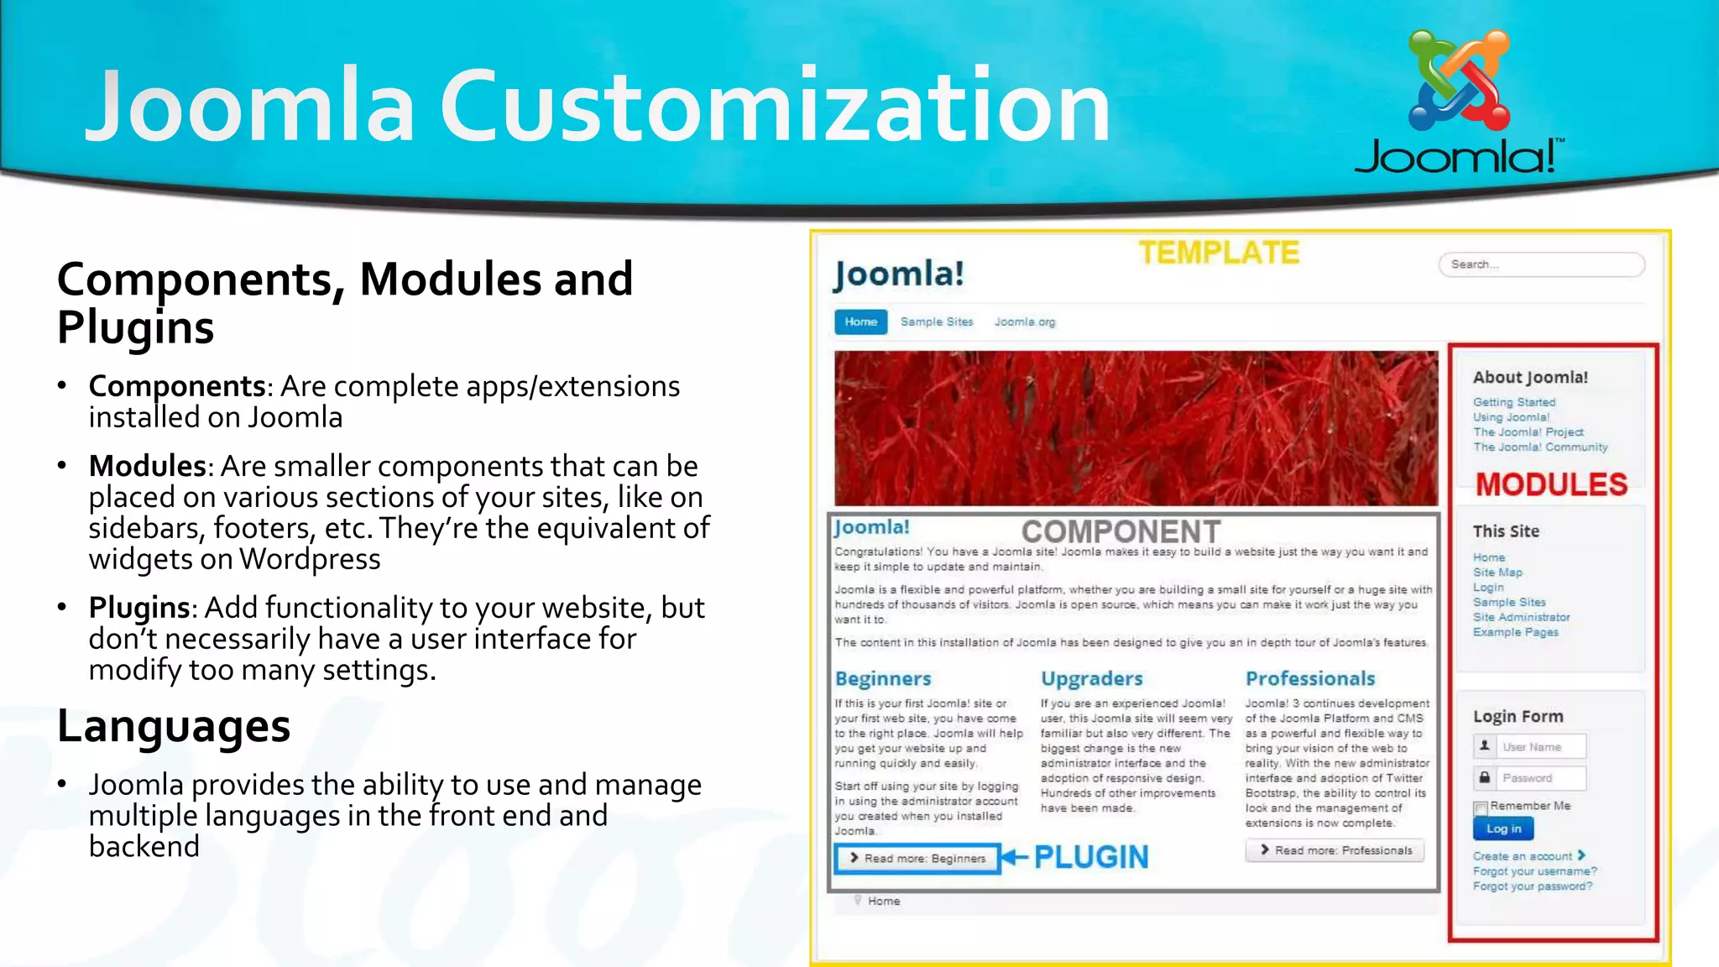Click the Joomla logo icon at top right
coord(1460,80)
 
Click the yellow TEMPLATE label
coord(1219,253)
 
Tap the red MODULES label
coord(1551,484)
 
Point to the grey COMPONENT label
coord(1121,531)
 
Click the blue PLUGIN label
coord(1090,857)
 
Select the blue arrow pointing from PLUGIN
coord(1015,857)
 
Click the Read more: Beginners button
coord(917,859)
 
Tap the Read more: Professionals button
coord(1335,850)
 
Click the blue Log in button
coord(1503,828)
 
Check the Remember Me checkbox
coord(1481,808)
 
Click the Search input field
coord(1541,264)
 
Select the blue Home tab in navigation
coord(860,321)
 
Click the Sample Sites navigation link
coord(937,321)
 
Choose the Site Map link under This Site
coord(1497,572)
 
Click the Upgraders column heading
coord(1091,678)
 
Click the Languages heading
coord(174,726)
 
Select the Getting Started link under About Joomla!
coord(1514,402)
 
